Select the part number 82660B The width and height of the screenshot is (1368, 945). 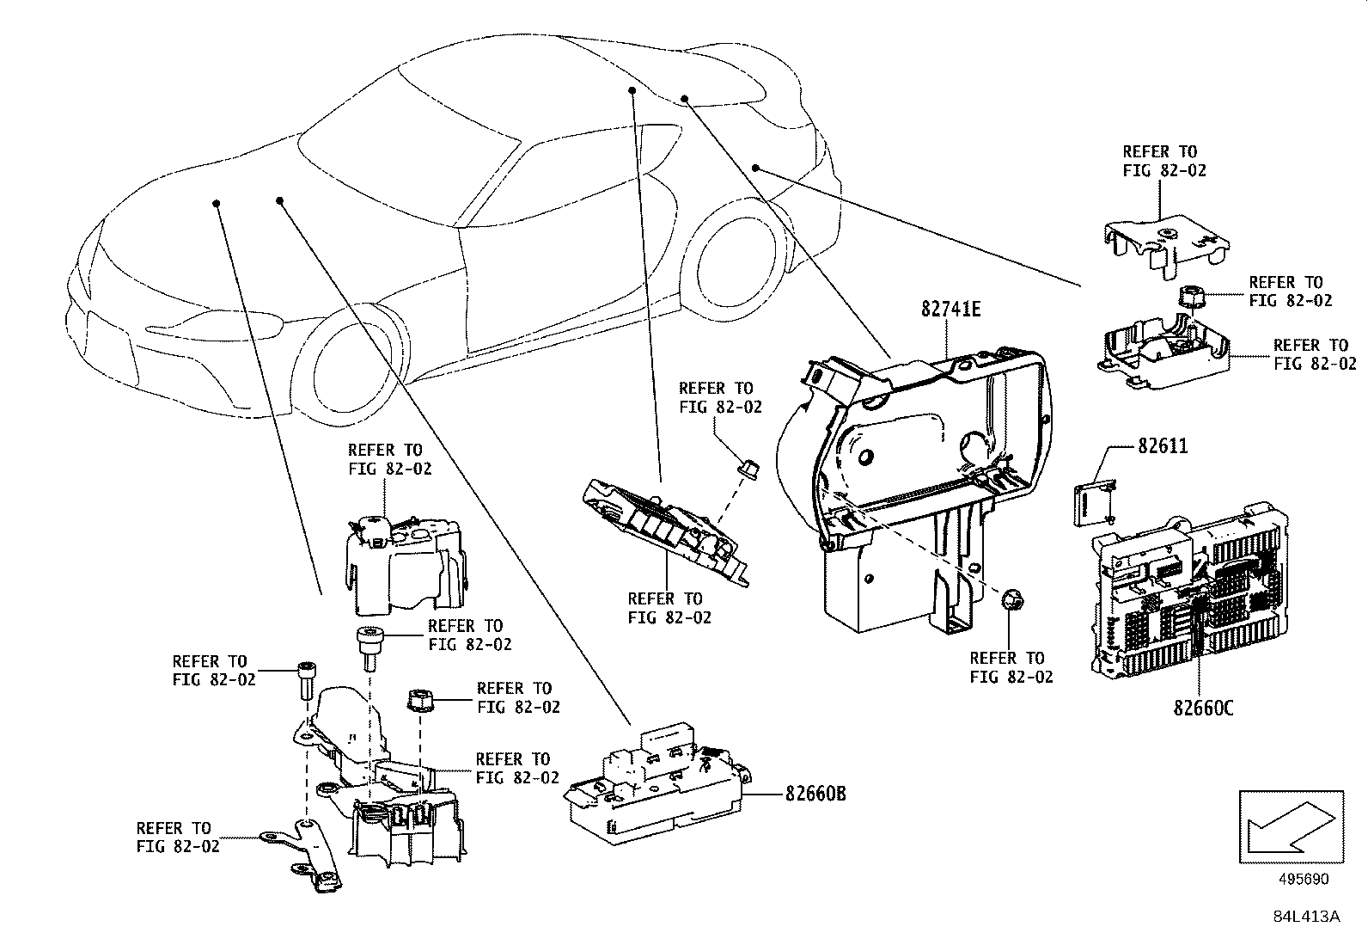(815, 795)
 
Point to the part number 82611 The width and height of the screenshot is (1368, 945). (1163, 446)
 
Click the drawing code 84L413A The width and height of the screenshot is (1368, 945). (1306, 917)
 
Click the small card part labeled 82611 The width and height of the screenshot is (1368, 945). (1091, 503)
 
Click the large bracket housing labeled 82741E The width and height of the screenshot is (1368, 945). (919, 482)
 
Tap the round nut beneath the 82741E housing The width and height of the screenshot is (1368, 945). (1012, 598)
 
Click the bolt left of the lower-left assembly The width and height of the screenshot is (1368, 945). (305, 684)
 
